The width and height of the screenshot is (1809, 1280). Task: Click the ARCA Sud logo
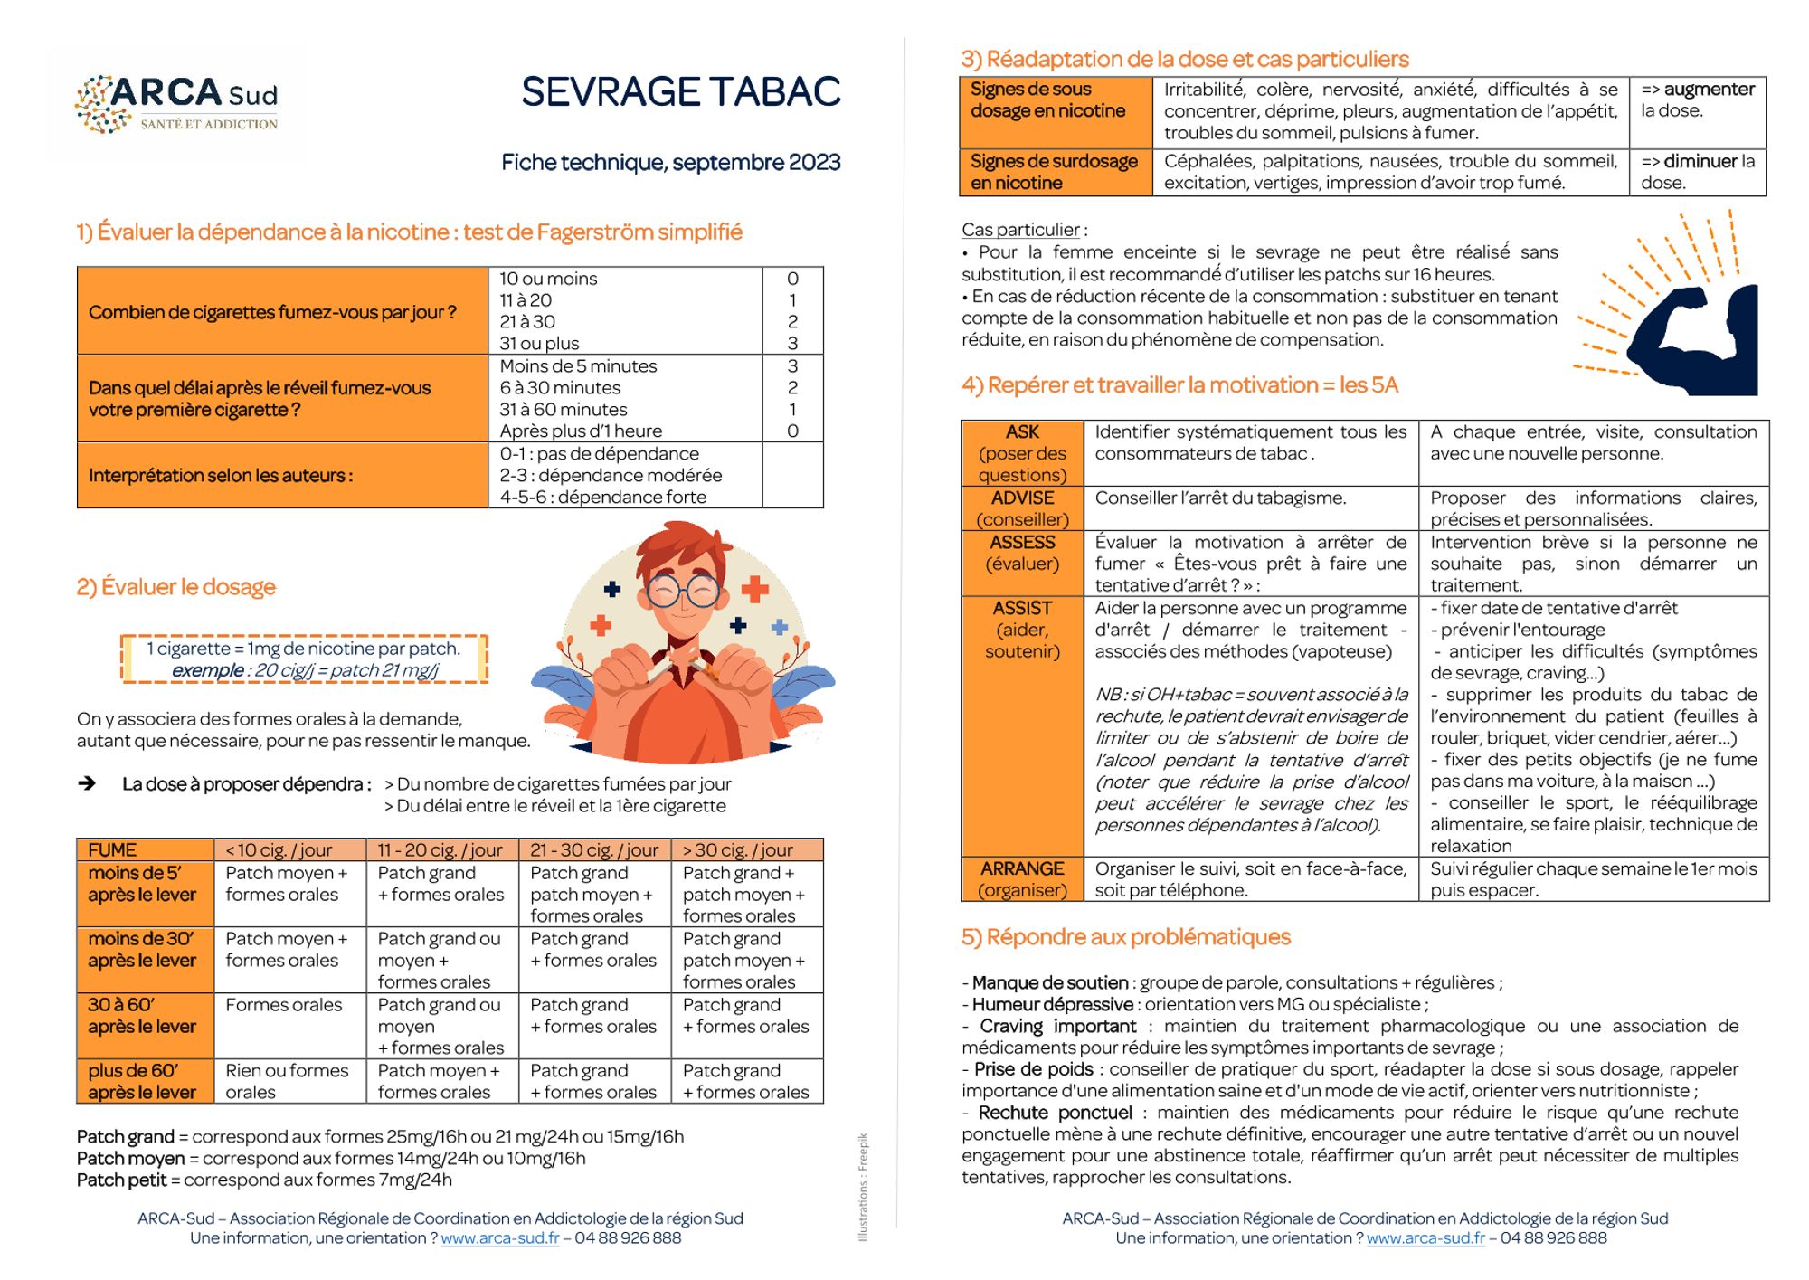pos(176,104)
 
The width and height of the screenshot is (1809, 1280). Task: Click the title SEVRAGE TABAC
pos(680,92)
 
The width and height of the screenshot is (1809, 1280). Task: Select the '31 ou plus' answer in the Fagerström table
pos(539,344)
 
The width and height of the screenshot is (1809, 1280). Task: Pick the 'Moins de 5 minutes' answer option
pos(578,366)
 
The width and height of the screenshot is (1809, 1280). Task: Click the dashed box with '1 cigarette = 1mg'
pos(304,659)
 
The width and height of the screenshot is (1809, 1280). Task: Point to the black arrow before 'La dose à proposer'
pos(87,783)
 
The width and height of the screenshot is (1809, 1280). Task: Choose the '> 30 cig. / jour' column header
pos(737,850)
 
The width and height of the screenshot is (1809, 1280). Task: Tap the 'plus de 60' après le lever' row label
pos(142,1081)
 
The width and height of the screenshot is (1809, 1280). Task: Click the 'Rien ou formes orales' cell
pos(286,1081)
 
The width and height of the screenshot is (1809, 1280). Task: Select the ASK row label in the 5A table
pos(1022,452)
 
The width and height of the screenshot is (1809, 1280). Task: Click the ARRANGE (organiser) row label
pos(1022,879)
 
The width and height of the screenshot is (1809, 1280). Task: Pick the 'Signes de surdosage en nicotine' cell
pos(1054,172)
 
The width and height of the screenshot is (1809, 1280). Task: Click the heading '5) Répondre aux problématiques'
pos(1125,937)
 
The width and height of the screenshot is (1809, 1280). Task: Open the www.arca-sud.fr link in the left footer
pos(499,1237)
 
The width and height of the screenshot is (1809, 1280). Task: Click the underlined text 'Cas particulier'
pos(1020,230)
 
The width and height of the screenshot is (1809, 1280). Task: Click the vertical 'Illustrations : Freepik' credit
pos(863,1186)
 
